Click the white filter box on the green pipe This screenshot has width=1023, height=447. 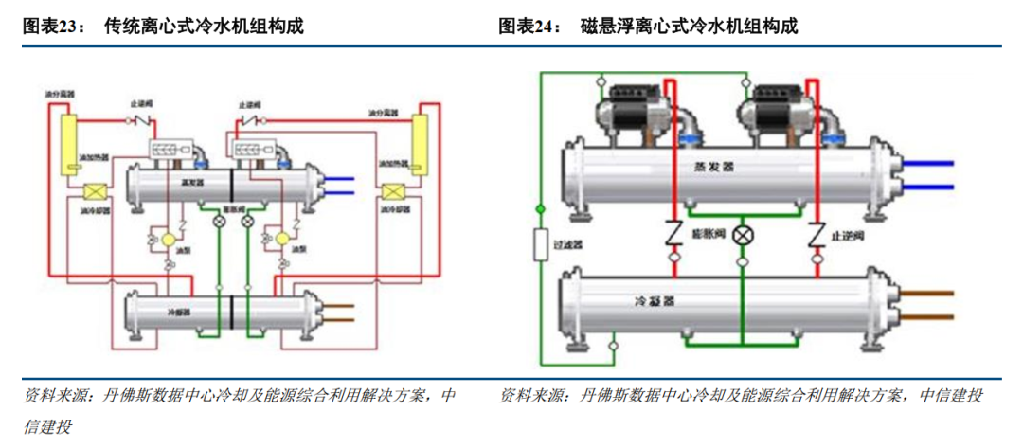(x=541, y=243)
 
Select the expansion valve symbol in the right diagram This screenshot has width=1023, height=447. (x=745, y=234)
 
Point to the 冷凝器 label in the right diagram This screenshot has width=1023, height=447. (x=655, y=302)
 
